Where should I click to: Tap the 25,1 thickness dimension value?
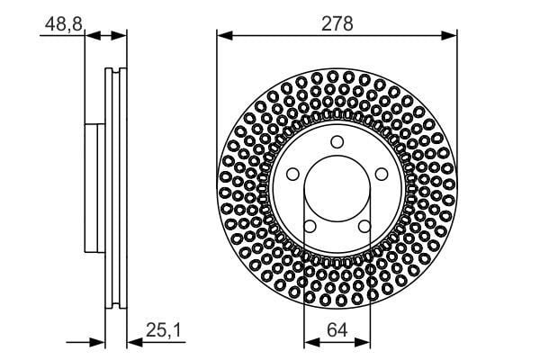point(163,332)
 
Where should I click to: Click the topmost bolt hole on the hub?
point(337,141)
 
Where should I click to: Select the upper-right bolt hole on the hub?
point(380,174)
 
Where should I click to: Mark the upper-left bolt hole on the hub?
point(293,174)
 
